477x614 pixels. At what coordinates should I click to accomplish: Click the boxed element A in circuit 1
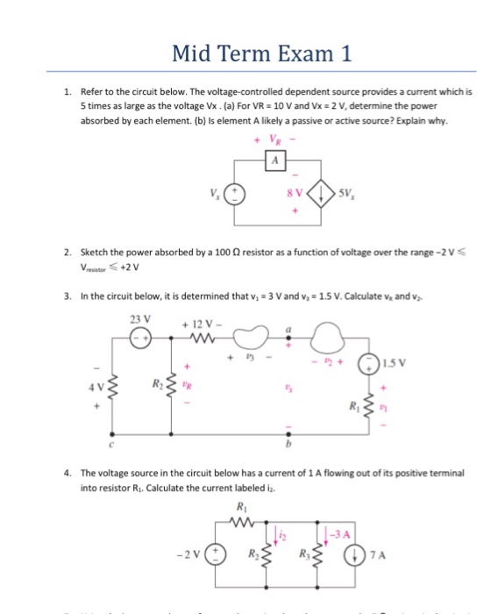pyautogui.click(x=274, y=158)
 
